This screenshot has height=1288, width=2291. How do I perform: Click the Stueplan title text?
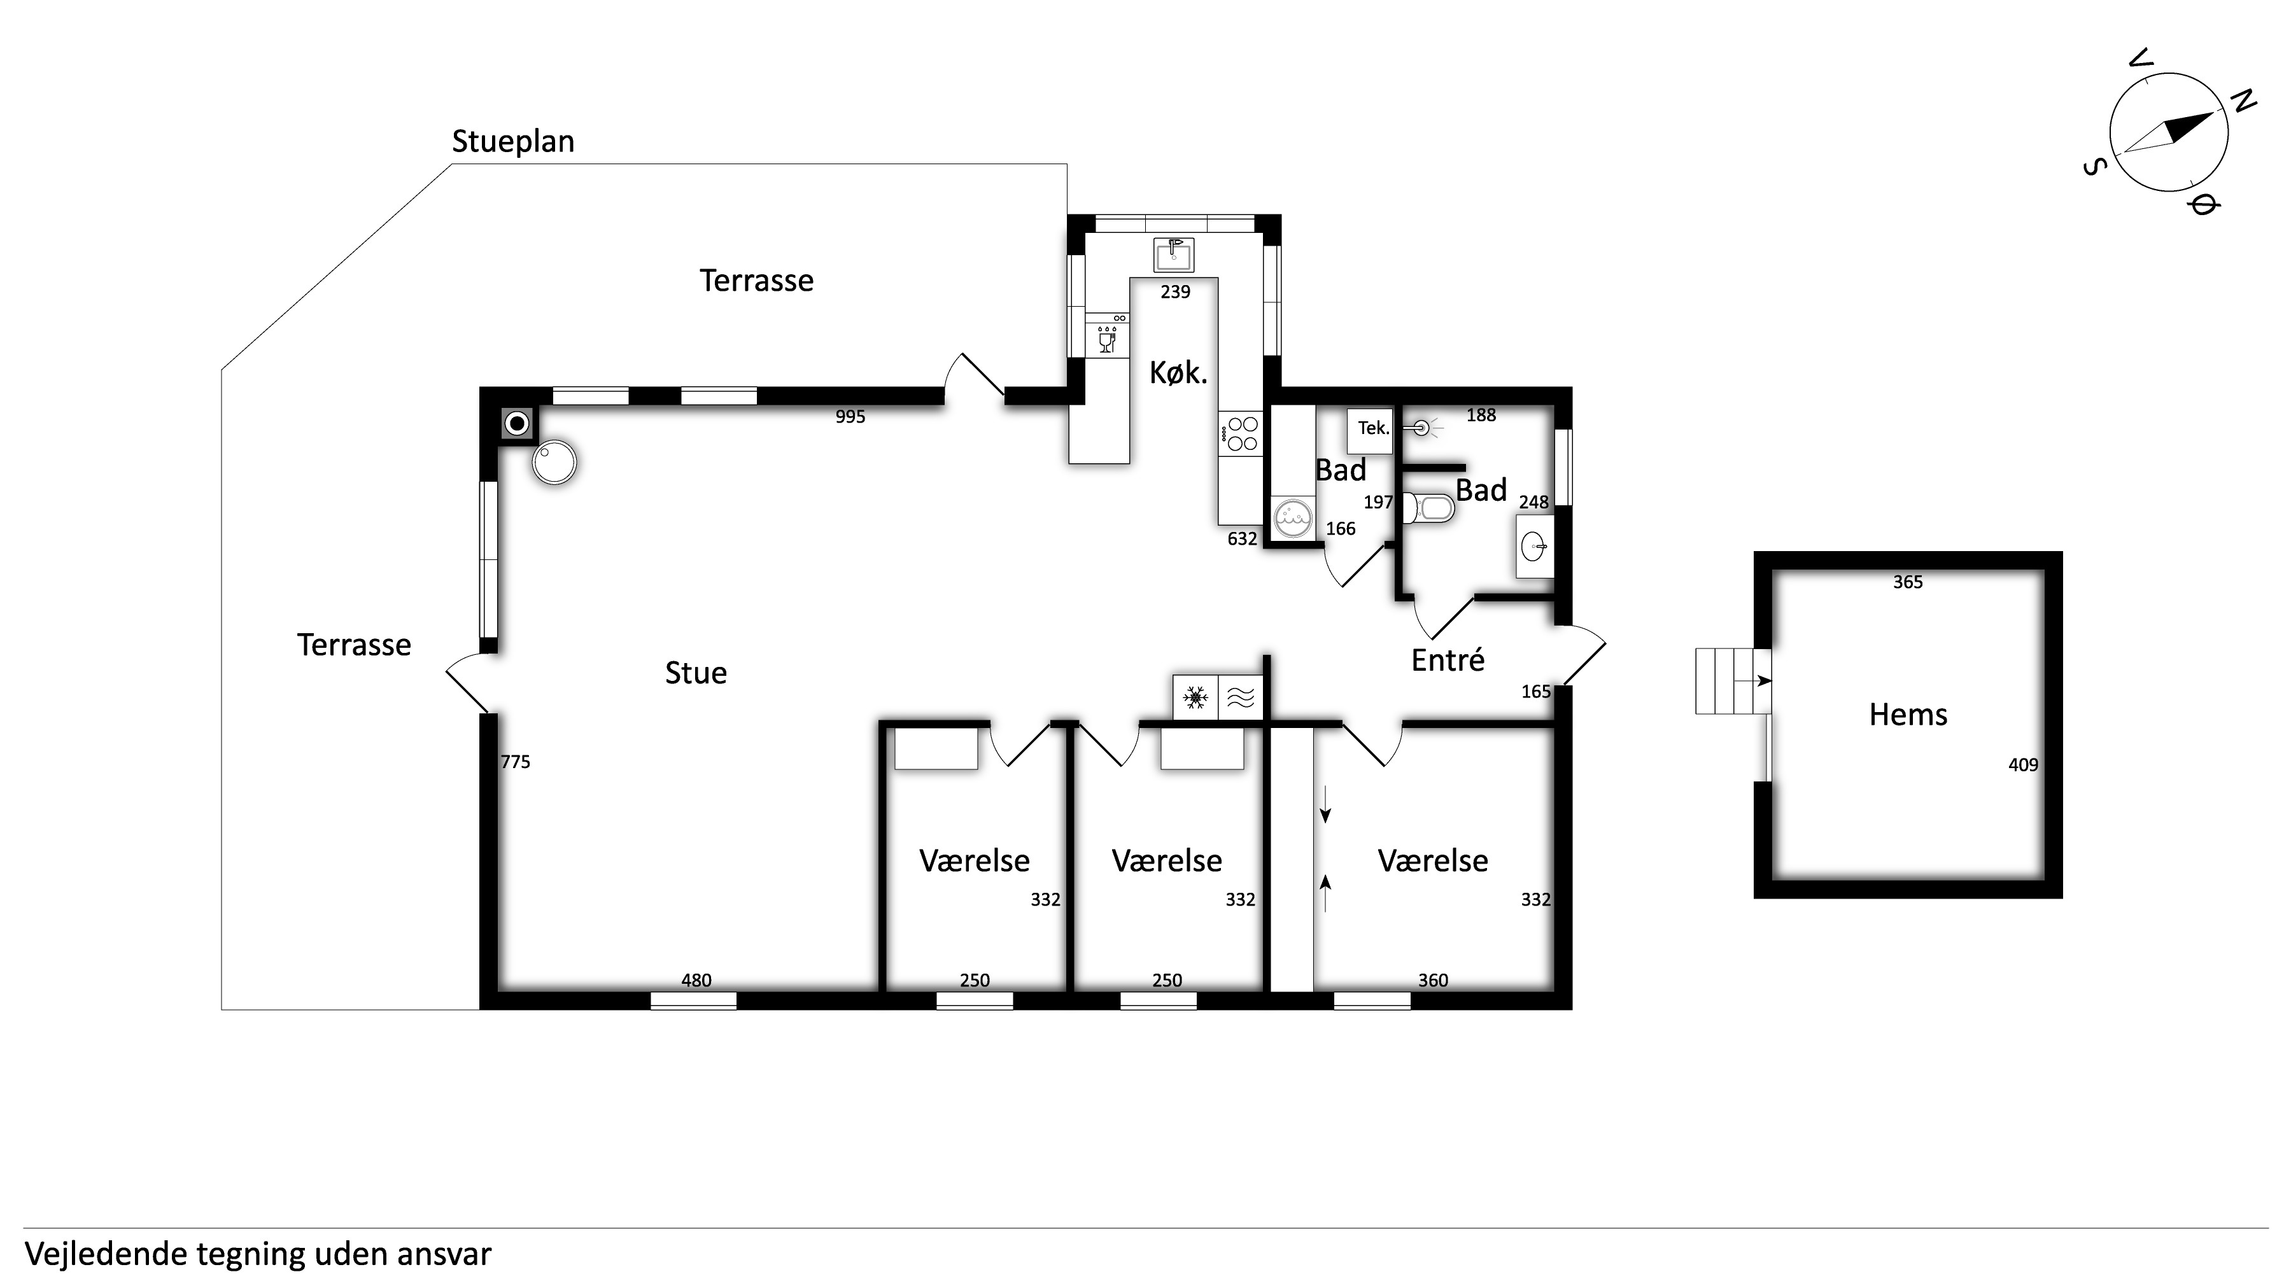(513, 141)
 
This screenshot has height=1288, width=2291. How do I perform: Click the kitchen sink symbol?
(1174, 255)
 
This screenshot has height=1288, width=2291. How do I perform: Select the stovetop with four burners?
(1241, 435)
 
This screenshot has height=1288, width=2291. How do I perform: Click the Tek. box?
(1370, 430)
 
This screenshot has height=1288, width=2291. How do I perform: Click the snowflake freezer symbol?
(1195, 698)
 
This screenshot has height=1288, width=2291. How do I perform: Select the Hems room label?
(1908, 715)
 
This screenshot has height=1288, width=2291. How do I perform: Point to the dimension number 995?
(850, 417)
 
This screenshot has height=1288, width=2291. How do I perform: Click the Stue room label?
(696, 673)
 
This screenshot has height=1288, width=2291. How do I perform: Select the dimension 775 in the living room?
(515, 762)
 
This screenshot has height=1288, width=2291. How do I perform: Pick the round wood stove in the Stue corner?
(554, 462)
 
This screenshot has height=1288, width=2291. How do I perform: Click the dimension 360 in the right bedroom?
(1433, 981)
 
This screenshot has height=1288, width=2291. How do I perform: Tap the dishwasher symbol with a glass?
(1107, 336)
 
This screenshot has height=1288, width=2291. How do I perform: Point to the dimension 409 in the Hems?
(2023, 764)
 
